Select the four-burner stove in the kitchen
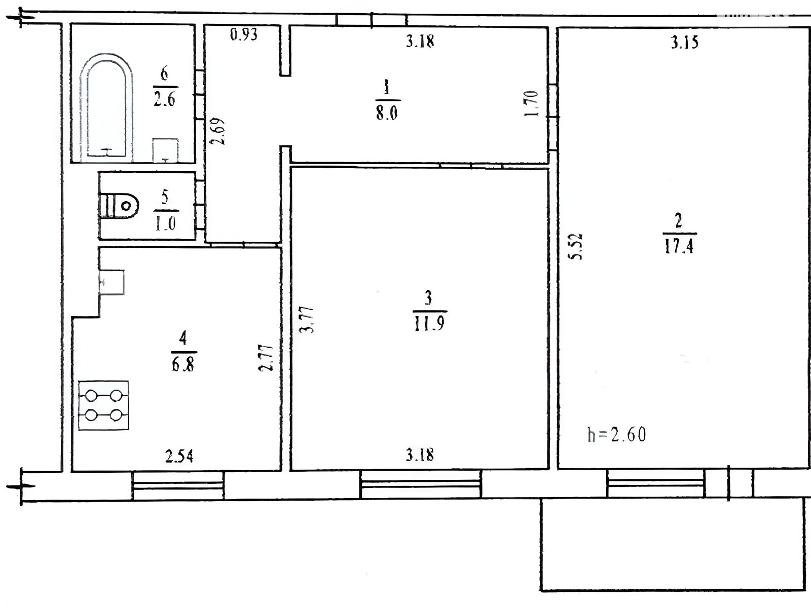click(x=103, y=405)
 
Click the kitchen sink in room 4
click(x=112, y=282)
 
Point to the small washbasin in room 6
click(x=165, y=150)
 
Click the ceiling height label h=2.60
click(x=617, y=435)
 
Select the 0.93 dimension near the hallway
click(x=244, y=34)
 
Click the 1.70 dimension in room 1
click(x=531, y=103)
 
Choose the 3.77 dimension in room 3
click(x=306, y=320)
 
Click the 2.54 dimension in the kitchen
click(x=179, y=457)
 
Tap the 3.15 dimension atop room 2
click(x=685, y=43)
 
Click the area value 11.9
click(x=429, y=324)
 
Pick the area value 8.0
click(x=387, y=113)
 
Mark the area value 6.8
click(x=183, y=364)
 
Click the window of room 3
click(x=421, y=484)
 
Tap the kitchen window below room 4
click(x=178, y=485)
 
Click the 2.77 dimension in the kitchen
click(x=266, y=357)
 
